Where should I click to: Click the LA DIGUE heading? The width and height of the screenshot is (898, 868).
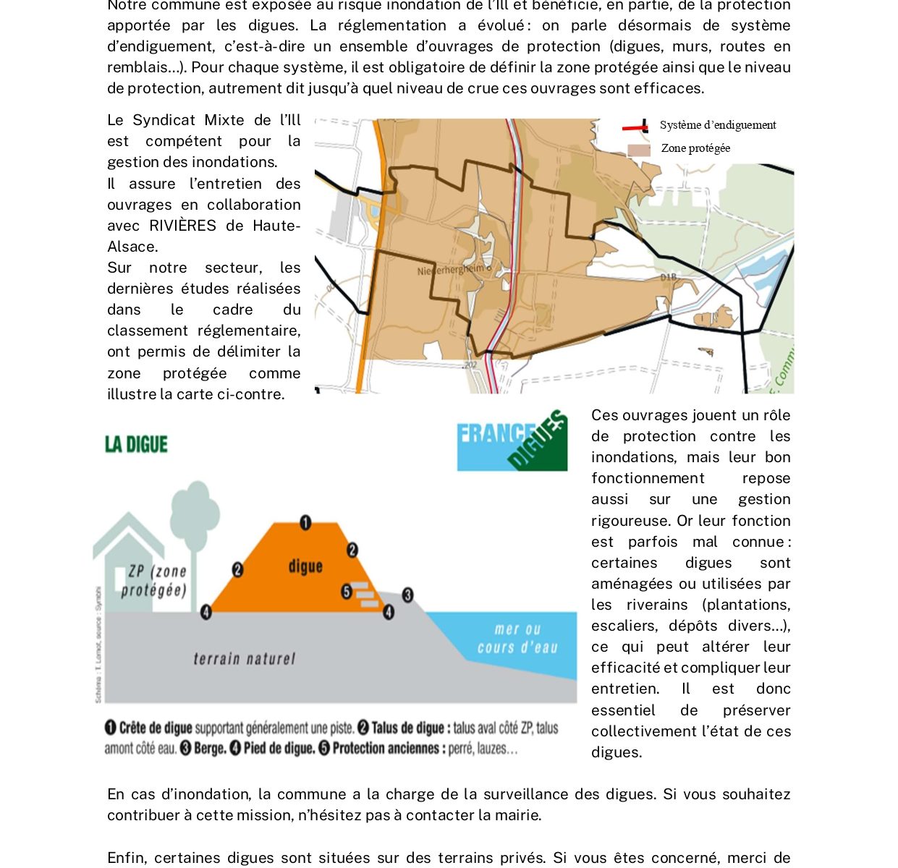tap(136, 444)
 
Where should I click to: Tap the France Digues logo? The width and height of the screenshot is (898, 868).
tap(512, 440)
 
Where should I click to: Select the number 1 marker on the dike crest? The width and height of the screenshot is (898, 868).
tap(305, 522)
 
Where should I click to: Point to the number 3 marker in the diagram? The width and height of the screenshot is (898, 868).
tap(407, 595)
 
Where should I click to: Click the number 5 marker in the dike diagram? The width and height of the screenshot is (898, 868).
tap(347, 592)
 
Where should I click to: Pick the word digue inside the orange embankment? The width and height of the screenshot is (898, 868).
tap(305, 566)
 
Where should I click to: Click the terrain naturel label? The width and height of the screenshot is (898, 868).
tap(244, 659)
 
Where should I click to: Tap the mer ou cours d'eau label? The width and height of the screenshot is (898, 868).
tap(517, 639)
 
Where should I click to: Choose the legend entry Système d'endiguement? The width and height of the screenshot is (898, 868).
tap(717, 125)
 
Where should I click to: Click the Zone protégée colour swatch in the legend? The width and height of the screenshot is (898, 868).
tap(638, 150)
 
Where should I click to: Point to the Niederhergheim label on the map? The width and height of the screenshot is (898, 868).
tap(452, 270)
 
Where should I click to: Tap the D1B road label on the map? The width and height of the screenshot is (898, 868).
tap(668, 277)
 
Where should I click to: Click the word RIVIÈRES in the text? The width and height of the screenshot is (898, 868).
tap(182, 226)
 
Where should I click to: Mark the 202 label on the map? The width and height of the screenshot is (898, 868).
tap(470, 365)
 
